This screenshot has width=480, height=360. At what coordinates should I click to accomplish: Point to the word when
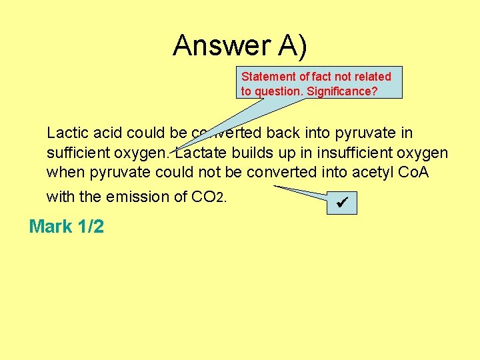(x=65, y=173)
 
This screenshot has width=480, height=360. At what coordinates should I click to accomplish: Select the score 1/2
(x=91, y=227)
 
